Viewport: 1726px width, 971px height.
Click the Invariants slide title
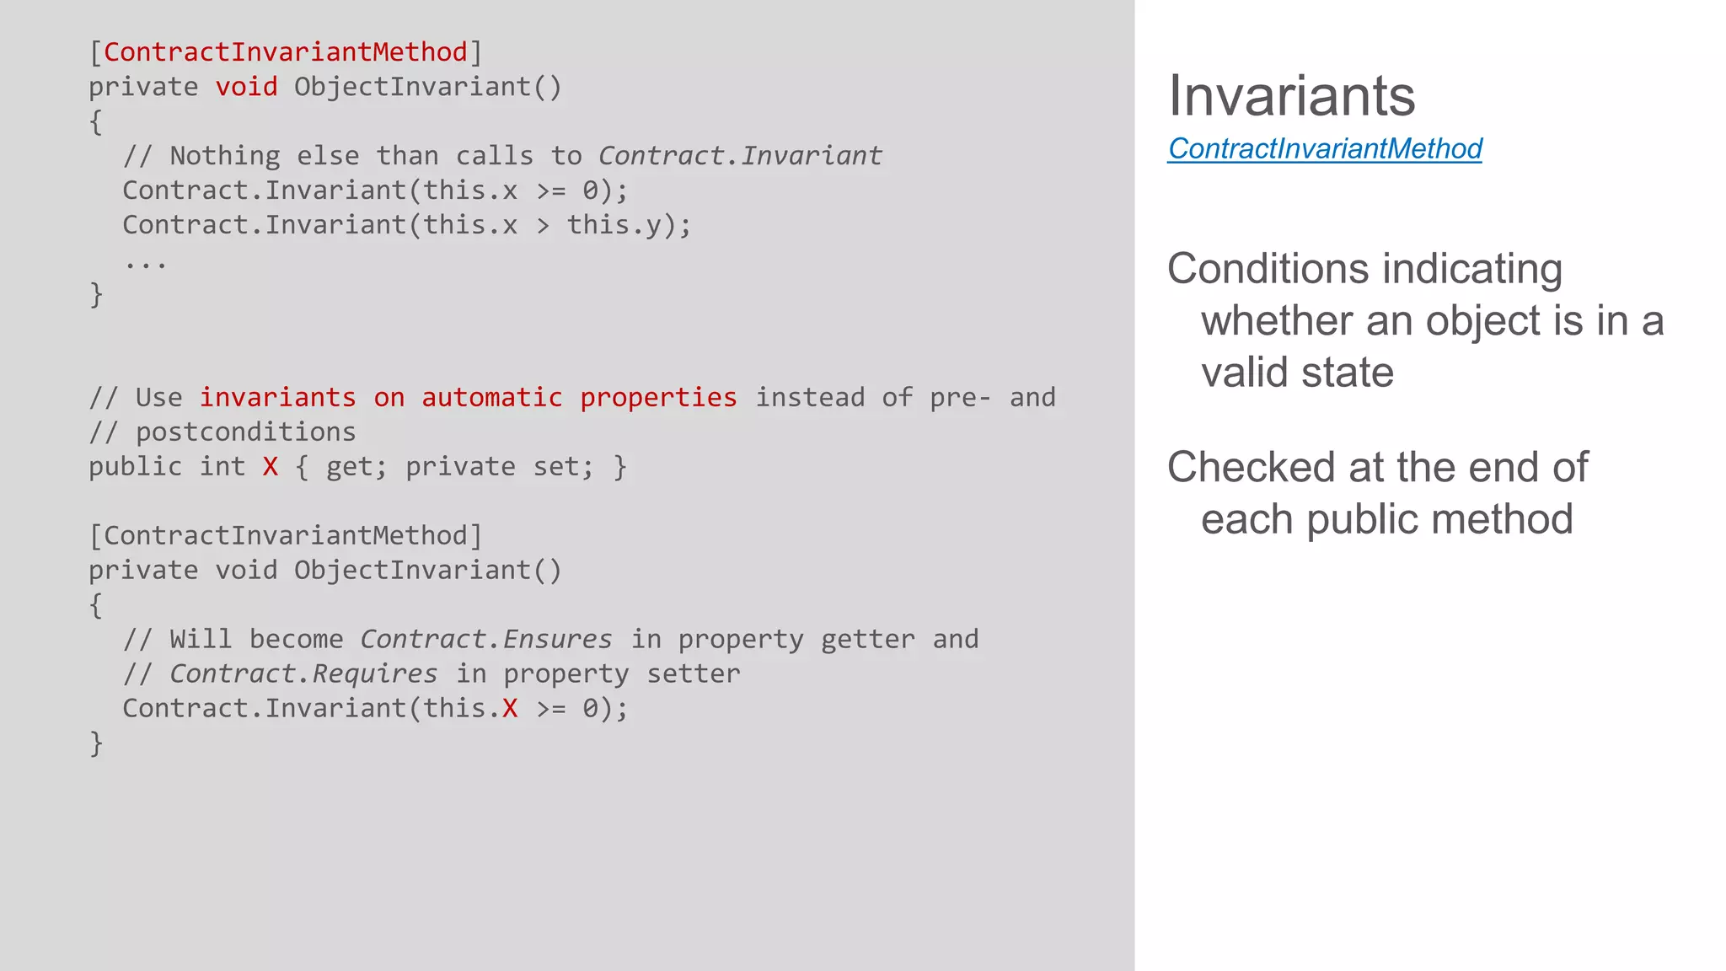[x=1291, y=96]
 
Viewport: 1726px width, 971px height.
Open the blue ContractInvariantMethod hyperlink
[x=1324, y=149]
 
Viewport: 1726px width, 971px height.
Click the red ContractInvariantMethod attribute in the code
[x=285, y=52]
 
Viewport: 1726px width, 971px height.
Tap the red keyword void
[x=246, y=87]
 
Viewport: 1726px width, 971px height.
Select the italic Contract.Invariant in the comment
[x=740, y=156]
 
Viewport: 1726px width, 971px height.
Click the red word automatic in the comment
[x=491, y=397]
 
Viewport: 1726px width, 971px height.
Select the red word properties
[x=658, y=397]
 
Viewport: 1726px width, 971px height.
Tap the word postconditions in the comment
[x=245, y=432]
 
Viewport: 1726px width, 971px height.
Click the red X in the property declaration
[x=270, y=467]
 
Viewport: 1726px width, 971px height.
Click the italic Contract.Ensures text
[x=486, y=639]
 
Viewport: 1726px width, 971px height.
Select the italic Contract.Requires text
[x=303, y=673]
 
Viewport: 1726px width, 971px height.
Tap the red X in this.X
[x=510, y=708]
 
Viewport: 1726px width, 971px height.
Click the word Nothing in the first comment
[x=224, y=156]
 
